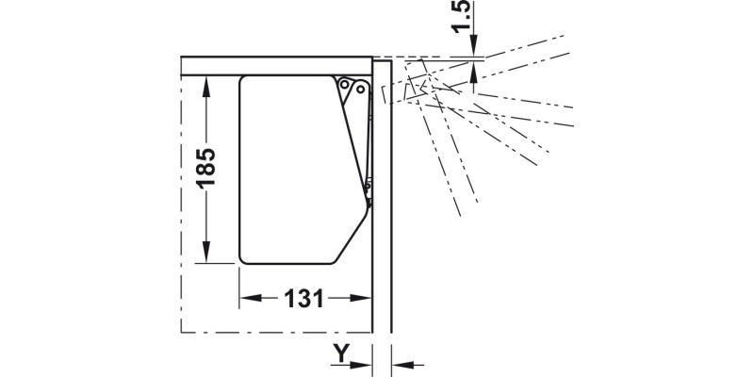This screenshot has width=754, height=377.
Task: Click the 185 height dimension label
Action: (206, 168)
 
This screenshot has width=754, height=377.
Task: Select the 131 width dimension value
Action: (303, 299)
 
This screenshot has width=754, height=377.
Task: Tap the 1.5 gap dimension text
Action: (462, 16)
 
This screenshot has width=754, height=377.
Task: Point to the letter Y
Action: (341, 353)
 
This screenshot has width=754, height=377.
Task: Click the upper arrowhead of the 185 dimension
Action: (206, 86)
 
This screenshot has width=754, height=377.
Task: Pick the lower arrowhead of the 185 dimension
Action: (206, 252)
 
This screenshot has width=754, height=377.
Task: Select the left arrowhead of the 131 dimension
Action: (251, 298)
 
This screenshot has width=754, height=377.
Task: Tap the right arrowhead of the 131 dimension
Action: (361, 298)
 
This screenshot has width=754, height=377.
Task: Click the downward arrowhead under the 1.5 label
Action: (474, 45)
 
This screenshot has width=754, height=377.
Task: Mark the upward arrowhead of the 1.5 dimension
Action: (474, 72)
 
